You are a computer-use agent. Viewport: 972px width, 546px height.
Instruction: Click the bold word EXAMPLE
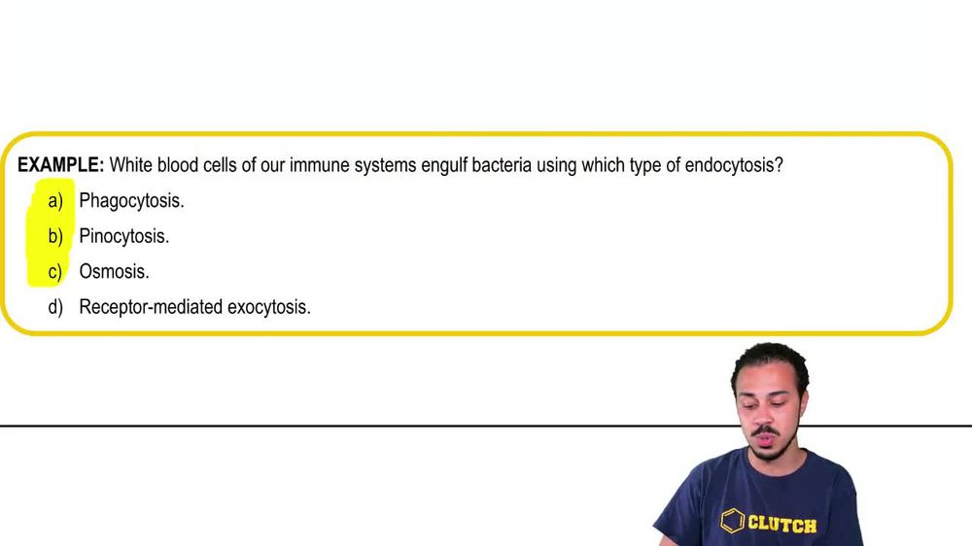pyautogui.click(x=60, y=165)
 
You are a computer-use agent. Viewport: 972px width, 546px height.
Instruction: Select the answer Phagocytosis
pyautogui.click(x=131, y=201)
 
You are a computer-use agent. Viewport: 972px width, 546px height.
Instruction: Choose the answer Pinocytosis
pyautogui.click(x=123, y=236)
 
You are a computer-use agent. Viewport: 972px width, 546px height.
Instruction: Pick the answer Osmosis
pyautogui.click(x=114, y=272)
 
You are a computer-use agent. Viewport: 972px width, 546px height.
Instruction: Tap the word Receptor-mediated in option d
pyautogui.click(x=151, y=307)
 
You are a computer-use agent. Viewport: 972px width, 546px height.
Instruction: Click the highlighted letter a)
pyautogui.click(x=55, y=201)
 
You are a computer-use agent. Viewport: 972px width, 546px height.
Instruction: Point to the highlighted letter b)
pyautogui.click(x=55, y=236)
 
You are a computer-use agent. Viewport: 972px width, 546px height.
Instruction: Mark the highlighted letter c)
pyautogui.click(x=55, y=272)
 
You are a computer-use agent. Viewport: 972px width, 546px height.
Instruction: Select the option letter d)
pyautogui.click(x=55, y=307)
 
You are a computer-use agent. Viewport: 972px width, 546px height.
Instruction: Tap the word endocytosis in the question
pyautogui.click(x=733, y=165)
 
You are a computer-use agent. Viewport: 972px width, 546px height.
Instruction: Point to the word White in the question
pyautogui.click(x=132, y=165)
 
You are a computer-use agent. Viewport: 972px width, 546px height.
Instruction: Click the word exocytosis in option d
pyautogui.click(x=269, y=307)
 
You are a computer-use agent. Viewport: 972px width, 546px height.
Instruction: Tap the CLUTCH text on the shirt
pyautogui.click(x=781, y=525)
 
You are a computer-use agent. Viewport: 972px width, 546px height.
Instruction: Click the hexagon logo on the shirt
pyautogui.click(x=732, y=522)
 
